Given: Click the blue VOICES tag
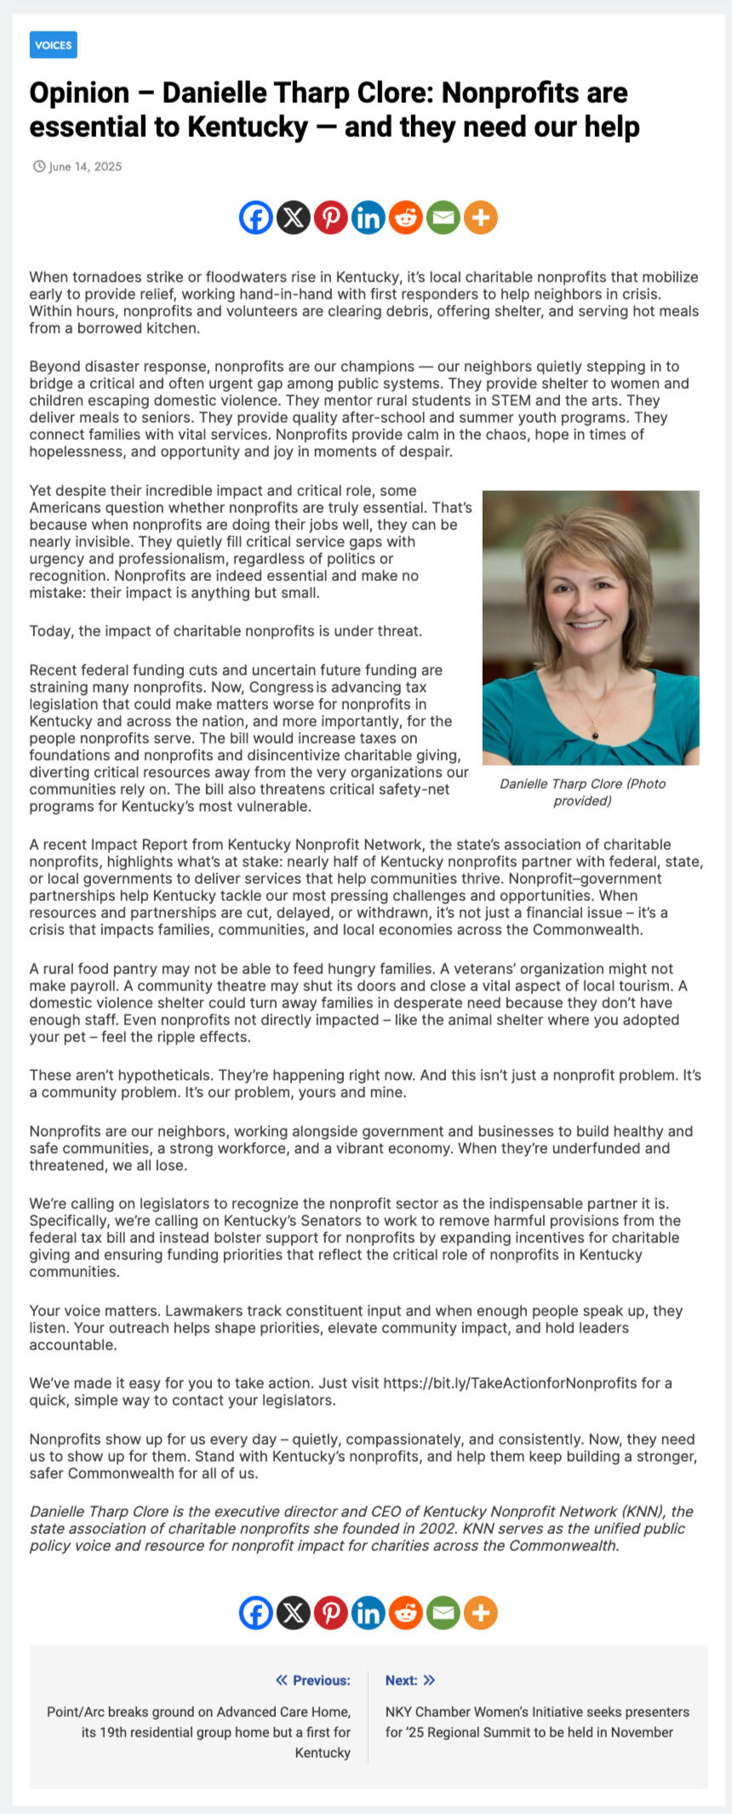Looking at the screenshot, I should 53,45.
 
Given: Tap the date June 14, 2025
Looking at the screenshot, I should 85,167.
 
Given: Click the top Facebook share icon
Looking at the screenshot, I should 256,218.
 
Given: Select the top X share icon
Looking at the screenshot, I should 294,218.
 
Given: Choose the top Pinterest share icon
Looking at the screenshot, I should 331,218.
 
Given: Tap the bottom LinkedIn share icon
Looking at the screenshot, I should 369,1612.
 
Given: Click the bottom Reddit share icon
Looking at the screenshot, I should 406,1612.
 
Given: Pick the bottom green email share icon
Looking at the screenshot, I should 443,1612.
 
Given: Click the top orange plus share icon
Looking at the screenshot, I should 481,218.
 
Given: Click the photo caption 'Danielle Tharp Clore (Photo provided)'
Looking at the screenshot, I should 582,792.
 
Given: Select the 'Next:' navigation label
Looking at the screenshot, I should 401,1680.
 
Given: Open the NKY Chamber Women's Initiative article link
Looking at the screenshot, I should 536,1721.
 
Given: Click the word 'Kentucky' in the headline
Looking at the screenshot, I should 247,128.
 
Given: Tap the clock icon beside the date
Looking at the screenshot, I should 39,167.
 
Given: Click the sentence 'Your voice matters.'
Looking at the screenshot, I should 95,1311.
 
